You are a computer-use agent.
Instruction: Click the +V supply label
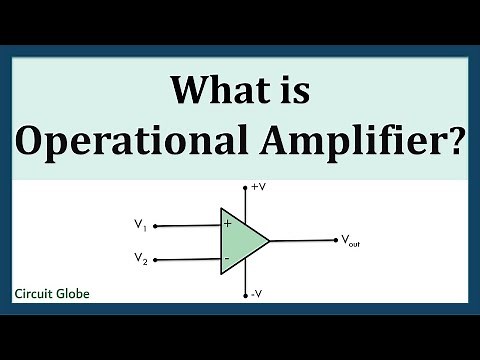pyautogui.click(x=258, y=187)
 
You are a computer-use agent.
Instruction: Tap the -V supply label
pyautogui.click(x=258, y=293)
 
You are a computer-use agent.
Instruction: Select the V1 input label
pyautogui.click(x=142, y=225)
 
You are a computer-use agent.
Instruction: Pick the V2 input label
pyautogui.click(x=142, y=258)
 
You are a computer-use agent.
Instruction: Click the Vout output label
pyautogui.click(x=352, y=240)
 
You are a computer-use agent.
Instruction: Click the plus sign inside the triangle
pyautogui.click(x=227, y=224)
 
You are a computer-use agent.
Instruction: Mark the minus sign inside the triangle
pyautogui.click(x=227, y=258)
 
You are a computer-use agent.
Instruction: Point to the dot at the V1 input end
pyautogui.click(x=156, y=224)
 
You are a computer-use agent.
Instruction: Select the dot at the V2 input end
pyautogui.click(x=156, y=258)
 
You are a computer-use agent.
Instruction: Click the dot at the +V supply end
pyautogui.click(x=245, y=187)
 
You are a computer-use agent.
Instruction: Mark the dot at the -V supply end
pyautogui.click(x=245, y=295)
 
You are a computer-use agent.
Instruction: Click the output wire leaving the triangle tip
pyautogui.click(x=300, y=240)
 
